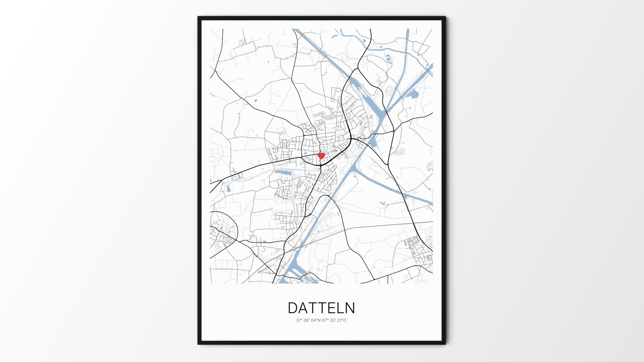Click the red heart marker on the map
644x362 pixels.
[x=321, y=156]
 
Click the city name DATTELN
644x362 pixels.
[x=321, y=308]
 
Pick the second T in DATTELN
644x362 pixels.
[x=324, y=308]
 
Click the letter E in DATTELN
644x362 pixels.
[x=333, y=308]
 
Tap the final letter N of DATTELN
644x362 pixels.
[x=350, y=308]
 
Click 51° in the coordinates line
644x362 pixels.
[x=299, y=320]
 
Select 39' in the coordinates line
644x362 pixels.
[x=307, y=320]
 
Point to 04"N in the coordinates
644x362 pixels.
[x=316, y=320]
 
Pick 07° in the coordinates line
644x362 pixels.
[x=325, y=320]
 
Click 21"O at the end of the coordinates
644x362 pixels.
[x=342, y=320]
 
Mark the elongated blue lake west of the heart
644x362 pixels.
[x=282, y=173]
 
